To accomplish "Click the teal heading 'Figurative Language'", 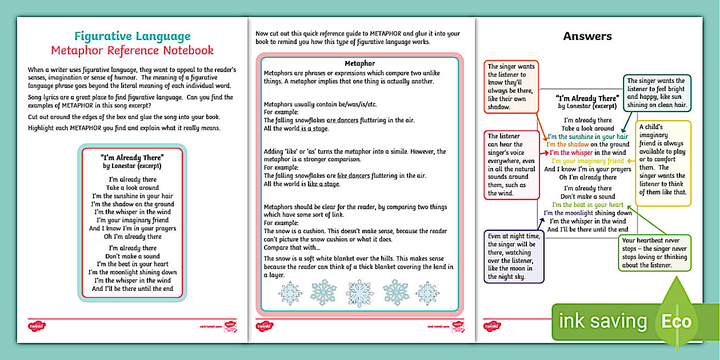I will point(132,36).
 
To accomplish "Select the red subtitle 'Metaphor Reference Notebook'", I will point(132,50).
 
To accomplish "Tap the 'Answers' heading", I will point(587,36).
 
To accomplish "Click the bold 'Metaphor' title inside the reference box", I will point(360,63).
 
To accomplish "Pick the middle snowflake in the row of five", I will point(360,293).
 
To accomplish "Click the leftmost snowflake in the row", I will point(290,293).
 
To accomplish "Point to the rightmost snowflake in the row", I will point(427,293).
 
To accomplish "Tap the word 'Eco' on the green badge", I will point(677,321).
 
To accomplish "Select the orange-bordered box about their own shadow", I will point(511,87).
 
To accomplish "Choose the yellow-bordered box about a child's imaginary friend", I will point(663,163).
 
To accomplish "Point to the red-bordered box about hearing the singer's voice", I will point(511,165).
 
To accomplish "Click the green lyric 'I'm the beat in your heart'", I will point(587,205).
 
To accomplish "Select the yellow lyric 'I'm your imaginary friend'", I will point(587,161).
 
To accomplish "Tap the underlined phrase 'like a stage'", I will point(323,184).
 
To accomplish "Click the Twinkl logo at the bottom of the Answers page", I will point(492,326).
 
